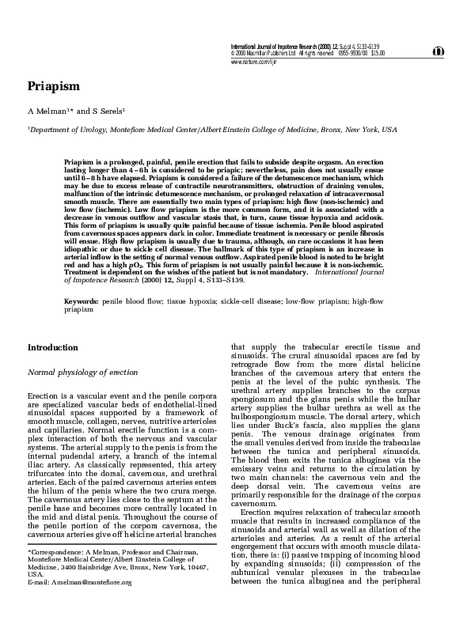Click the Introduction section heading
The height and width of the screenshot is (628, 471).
pyautogui.click(x=52, y=347)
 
